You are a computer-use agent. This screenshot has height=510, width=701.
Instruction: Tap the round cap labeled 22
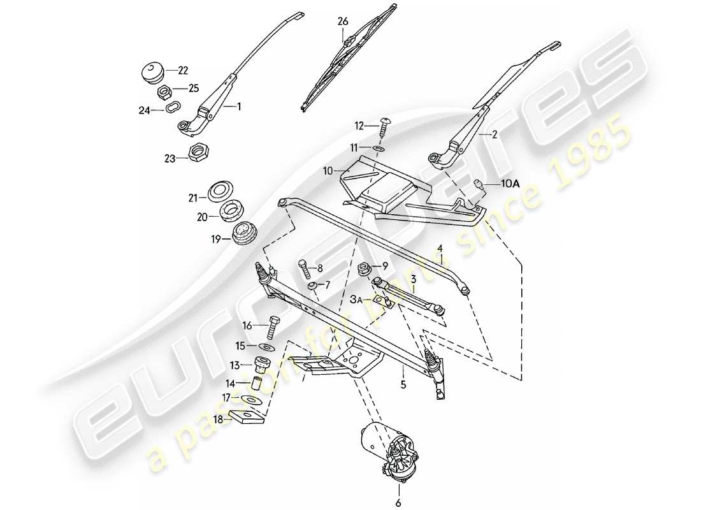[152, 70]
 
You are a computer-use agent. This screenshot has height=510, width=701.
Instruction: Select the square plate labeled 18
[245, 418]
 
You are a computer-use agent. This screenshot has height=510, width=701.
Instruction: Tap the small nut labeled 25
[163, 91]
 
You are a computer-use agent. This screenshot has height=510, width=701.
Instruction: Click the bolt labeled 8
[304, 267]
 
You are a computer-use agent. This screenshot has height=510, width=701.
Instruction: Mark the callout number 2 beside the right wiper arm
[491, 135]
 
